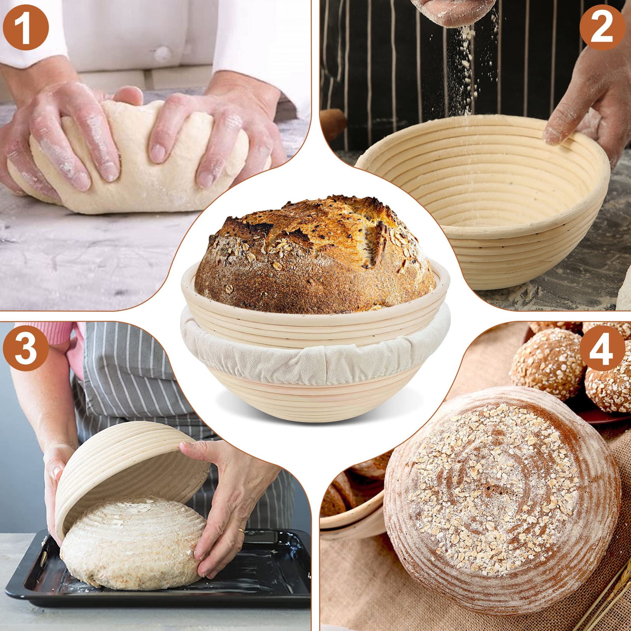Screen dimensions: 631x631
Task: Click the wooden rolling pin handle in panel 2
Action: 333,122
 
